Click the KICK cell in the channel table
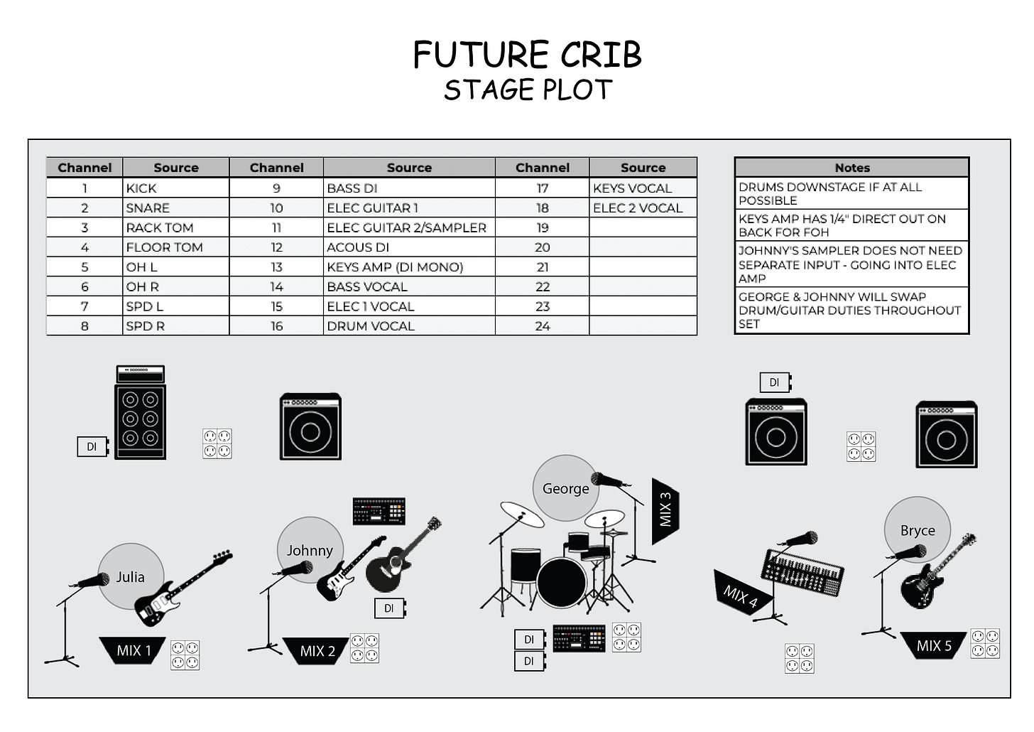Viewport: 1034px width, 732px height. pos(175,188)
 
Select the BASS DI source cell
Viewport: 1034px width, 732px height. pos(408,188)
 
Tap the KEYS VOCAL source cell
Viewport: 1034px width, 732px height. pos(643,188)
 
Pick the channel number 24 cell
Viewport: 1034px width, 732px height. pos(542,326)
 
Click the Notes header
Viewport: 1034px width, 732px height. pos(851,168)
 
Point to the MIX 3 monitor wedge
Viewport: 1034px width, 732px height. pos(665,510)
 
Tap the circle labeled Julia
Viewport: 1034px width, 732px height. pos(131,576)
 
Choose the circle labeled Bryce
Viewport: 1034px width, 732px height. pos(917,529)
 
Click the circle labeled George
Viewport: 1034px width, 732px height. pos(565,488)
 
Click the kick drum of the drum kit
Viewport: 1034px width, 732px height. pos(561,582)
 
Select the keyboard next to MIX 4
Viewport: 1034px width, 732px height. pos(803,571)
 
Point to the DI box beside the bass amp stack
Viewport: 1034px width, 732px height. pos(92,446)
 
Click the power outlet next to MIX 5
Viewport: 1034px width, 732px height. pos(985,643)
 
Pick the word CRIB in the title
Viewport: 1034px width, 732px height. pos(601,55)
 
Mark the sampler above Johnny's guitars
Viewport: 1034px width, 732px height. pos(379,511)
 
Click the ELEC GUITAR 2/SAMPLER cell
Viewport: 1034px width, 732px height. pos(408,227)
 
